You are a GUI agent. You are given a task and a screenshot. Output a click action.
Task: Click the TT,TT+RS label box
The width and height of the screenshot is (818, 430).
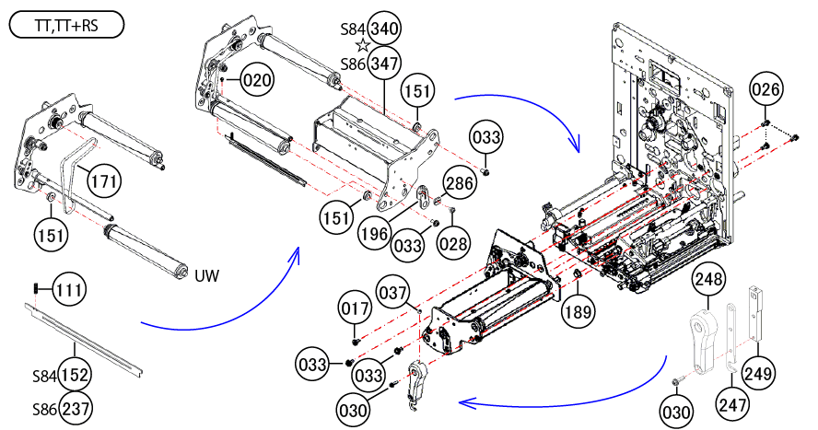pyautogui.click(x=65, y=27)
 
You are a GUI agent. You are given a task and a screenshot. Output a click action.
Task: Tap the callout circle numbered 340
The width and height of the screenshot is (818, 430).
pyautogui.click(x=384, y=29)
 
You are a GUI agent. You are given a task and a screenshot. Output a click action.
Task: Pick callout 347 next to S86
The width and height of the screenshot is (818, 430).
pyautogui.click(x=384, y=64)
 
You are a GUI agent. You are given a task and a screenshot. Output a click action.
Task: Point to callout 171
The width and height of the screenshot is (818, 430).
pyautogui.click(x=104, y=181)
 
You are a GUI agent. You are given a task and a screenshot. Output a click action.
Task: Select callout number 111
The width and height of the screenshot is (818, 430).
pyautogui.click(x=68, y=290)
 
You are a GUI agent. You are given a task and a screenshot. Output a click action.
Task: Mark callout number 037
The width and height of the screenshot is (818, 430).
pyautogui.click(x=393, y=294)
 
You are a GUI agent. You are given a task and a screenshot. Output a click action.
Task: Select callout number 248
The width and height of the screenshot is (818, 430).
pyautogui.click(x=708, y=280)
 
